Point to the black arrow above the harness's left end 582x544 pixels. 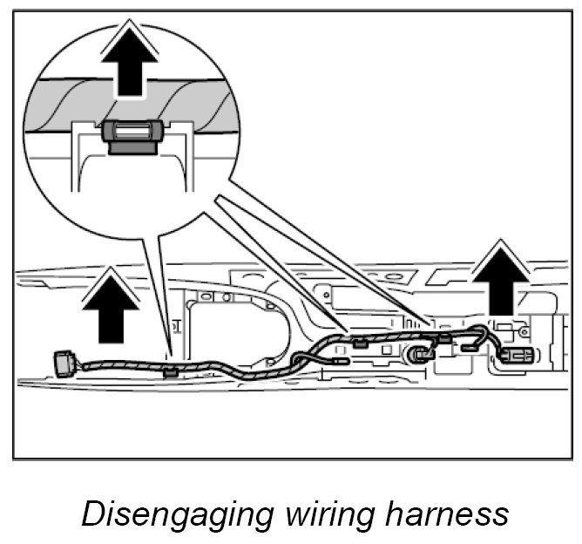110,304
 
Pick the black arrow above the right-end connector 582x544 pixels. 503,278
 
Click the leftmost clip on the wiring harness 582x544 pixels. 171,371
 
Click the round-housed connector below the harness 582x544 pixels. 422,353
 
